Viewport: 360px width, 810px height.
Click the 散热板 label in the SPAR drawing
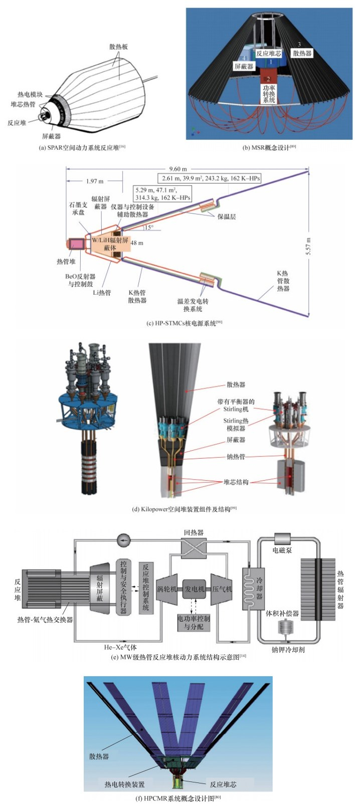(x=119, y=47)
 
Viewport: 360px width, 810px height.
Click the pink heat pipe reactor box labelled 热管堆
(x=78, y=243)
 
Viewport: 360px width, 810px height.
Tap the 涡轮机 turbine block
(x=167, y=588)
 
